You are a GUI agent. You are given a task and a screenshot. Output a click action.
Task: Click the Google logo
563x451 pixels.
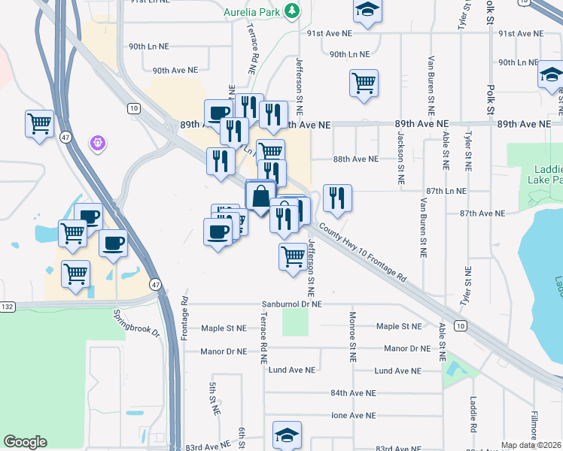tap(25, 442)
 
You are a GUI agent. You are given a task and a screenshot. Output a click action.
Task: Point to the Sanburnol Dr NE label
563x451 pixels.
tap(291, 304)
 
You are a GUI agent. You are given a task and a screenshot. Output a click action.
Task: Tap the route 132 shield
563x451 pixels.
tap(8, 307)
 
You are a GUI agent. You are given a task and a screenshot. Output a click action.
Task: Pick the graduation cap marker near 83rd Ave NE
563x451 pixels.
tap(287, 434)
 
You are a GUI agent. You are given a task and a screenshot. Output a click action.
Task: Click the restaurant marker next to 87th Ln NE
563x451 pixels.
tap(337, 198)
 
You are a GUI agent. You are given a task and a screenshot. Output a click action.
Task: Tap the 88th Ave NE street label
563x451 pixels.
tap(355, 159)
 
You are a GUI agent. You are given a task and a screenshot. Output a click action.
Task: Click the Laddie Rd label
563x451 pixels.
tap(473, 414)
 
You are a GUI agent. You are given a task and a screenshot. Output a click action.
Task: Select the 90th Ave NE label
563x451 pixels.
tap(175, 70)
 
